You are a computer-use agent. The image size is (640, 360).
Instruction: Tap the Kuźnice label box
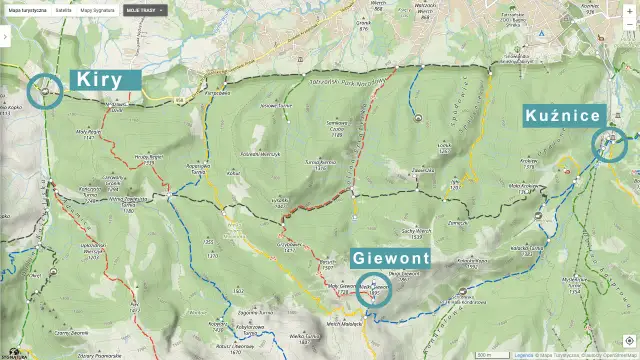pos(563,116)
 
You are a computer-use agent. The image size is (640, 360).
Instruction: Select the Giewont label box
pos(391,258)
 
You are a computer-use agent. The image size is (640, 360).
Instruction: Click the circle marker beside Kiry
pos(45,91)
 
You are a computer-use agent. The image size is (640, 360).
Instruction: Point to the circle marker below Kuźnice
pos(609,144)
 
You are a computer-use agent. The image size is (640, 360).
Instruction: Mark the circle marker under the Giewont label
pos(374,290)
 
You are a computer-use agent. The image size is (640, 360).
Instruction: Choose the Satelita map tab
pos(63,8)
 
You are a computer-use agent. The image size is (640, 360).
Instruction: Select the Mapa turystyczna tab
pos(28,8)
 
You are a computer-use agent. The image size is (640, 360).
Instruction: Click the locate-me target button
pos(627,340)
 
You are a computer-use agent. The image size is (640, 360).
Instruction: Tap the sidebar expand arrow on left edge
pos(4,35)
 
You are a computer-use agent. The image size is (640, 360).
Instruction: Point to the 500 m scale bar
pos(486,354)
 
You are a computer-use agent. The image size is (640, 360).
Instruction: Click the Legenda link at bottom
pos(524,354)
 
